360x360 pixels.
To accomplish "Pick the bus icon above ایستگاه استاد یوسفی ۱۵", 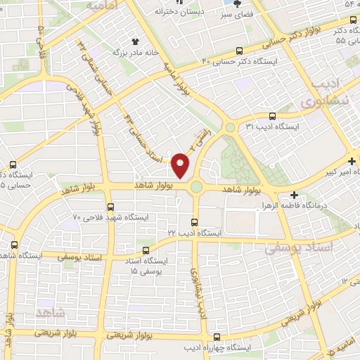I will pos(146,250).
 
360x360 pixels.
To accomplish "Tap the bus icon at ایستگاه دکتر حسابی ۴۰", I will pos(240,51).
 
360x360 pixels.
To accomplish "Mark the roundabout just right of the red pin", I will pos(196,187).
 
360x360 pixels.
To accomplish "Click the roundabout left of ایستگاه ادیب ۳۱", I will pos(229,127).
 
